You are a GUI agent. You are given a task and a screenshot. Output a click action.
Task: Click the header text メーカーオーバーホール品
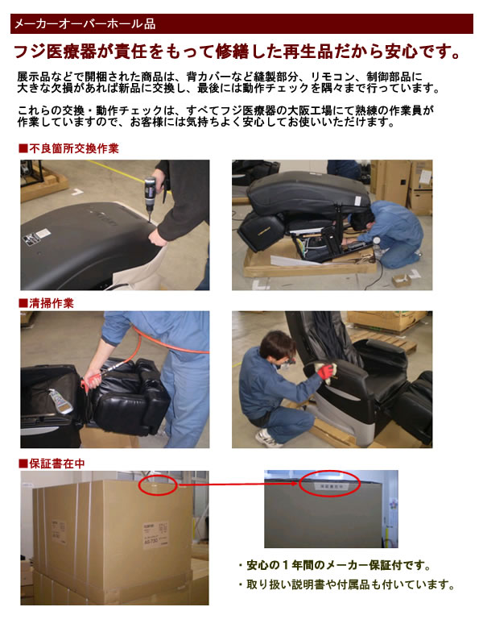pyautogui.click(x=85, y=24)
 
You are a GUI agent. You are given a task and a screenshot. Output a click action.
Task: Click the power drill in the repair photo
pyautogui.click(x=151, y=198)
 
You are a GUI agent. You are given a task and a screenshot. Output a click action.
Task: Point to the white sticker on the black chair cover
pyautogui.click(x=37, y=237)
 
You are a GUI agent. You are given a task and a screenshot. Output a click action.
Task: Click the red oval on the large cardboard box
pyautogui.click(x=158, y=485)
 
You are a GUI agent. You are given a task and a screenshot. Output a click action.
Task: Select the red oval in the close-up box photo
pyautogui.click(x=329, y=484)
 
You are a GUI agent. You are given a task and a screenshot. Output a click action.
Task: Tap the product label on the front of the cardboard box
pyautogui.click(x=156, y=535)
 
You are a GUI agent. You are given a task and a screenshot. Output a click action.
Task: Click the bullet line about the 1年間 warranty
pyautogui.click(x=335, y=565)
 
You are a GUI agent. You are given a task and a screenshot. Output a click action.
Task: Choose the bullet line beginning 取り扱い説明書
pyautogui.click(x=347, y=584)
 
